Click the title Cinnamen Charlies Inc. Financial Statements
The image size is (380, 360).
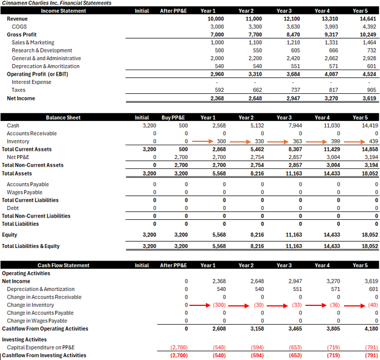(x=56, y=3)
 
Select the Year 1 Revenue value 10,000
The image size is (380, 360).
(x=216, y=19)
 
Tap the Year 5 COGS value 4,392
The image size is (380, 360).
(x=369, y=27)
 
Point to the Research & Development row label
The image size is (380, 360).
(x=42, y=50)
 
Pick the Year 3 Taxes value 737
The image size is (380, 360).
(x=295, y=90)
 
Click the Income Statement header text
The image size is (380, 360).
(x=64, y=11)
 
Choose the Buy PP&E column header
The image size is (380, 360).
(x=173, y=118)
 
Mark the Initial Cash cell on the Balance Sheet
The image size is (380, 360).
(x=149, y=125)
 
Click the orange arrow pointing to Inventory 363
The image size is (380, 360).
(x=278, y=141)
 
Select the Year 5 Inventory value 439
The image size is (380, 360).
(x=373, y=141)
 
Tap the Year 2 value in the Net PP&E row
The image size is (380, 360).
(x=257, y=157)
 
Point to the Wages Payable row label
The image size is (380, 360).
(x=24, y=192)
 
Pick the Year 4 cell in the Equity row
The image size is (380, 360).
(x=332, y=235)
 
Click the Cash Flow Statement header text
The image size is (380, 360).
(x=64, y=265)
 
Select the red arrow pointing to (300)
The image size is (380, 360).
(x=200, y=305)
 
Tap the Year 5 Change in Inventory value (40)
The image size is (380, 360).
(x=373, y=305)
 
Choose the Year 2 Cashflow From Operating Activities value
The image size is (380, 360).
(x=257, y=329)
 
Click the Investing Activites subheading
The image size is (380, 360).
(x=24, y=340)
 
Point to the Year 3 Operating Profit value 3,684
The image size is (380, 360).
(x=293, y=74)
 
